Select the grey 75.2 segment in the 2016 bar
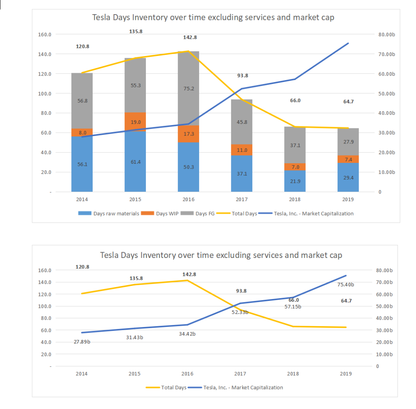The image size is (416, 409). click(x=188, y=89)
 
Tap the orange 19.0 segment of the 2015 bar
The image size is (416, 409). click(x=135, y=122)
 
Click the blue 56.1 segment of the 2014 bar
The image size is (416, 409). click(x=82, y=164)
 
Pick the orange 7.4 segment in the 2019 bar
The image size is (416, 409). click(x=348, y=159)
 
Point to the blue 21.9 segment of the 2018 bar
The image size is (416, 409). click(x=295, y=181)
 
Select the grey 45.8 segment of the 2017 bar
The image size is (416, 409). click(x=242, y=122)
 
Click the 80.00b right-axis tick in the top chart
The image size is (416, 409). click(x=386, y=35)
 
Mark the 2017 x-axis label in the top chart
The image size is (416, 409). click(x=242, y=199)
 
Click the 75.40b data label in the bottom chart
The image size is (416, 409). click(x=345, y=285)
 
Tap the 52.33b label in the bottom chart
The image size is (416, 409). click(x=240, y=312)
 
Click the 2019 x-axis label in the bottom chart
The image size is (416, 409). click(x=346, y=374)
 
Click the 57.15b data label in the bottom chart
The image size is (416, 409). click(x=293, y=307)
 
